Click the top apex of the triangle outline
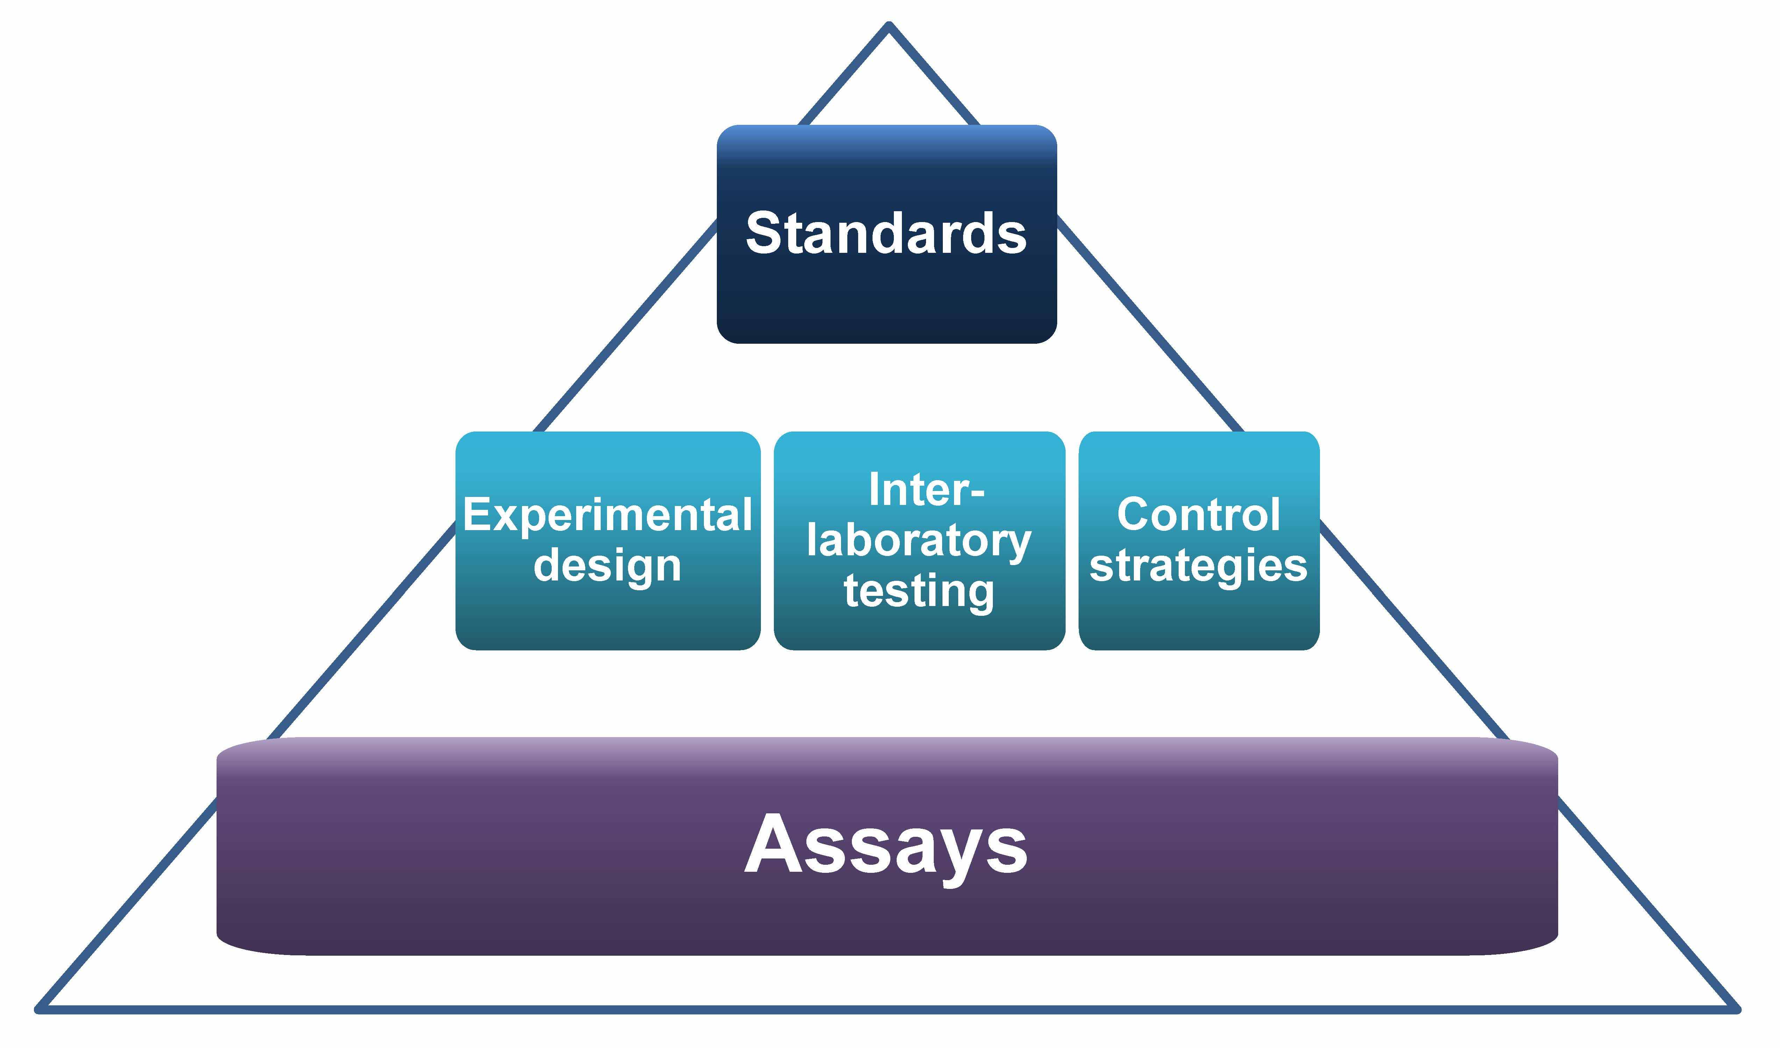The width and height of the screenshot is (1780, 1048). [889, 26]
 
